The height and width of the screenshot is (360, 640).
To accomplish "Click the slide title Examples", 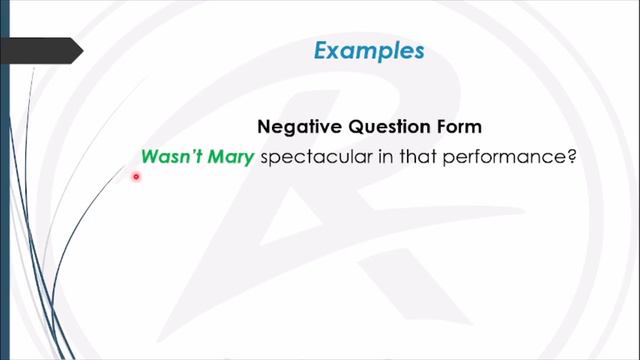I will pos(368,50).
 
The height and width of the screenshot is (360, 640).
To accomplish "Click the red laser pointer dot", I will pos(136,177).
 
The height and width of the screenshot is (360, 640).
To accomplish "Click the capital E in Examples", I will pos(320,50).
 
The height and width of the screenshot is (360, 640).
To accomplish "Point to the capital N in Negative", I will pos(265,127).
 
